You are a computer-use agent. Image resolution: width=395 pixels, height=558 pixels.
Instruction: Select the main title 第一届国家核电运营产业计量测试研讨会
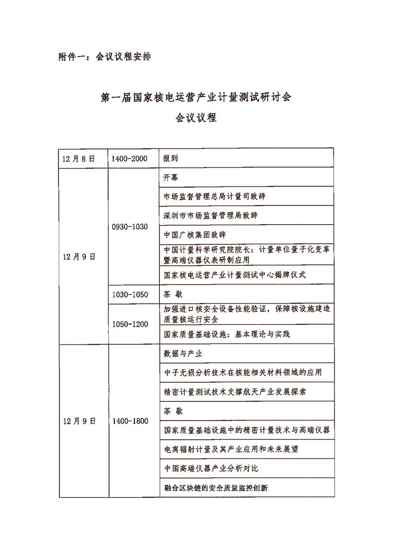[196, 97]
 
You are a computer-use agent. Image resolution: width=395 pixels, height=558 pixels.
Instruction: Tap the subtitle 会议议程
[196, 117]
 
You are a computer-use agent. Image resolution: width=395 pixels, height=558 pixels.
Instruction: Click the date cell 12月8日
[79, 158]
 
